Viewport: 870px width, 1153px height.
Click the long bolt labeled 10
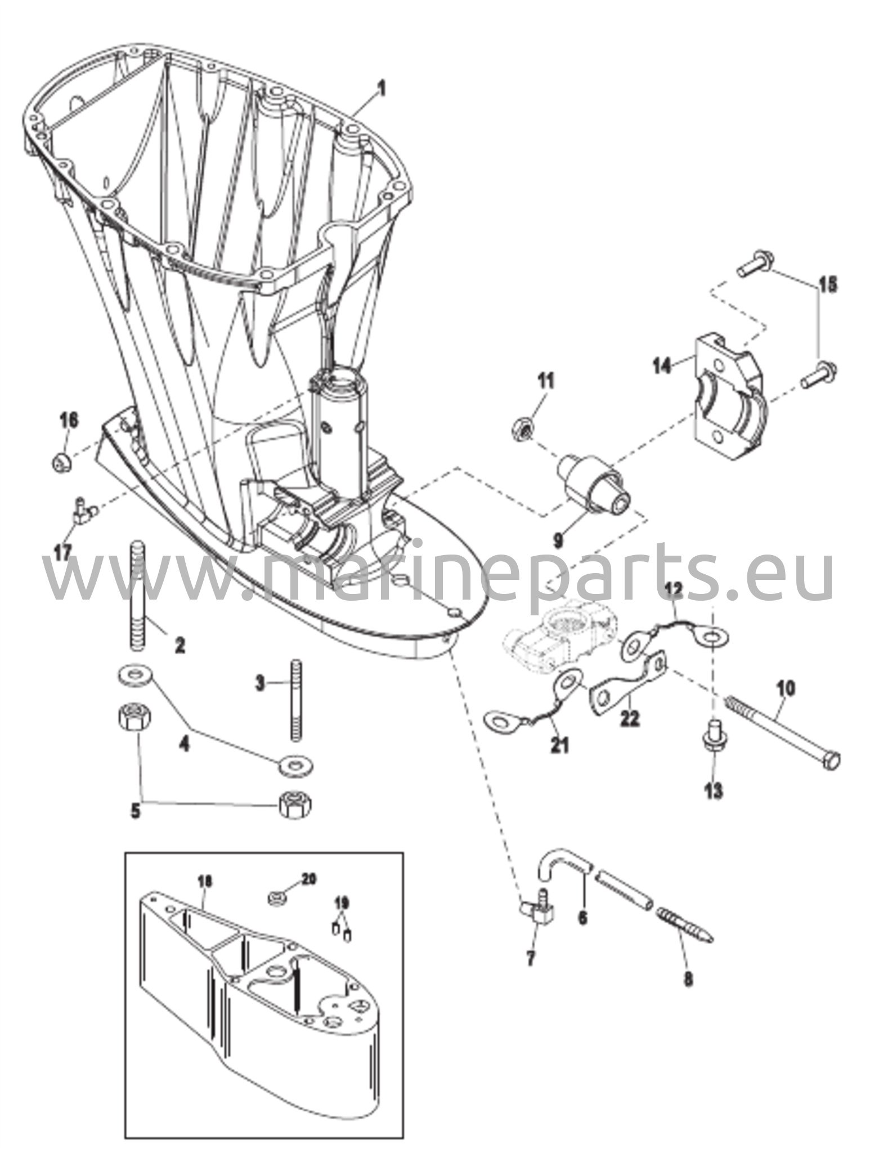(x=784, y=732)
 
